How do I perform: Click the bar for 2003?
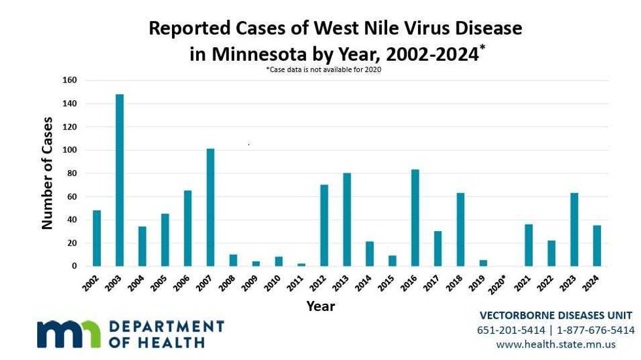coord(120,180)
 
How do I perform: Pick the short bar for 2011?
coord(301,264)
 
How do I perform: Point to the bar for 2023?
coord(574,230)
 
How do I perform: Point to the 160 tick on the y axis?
coord(69,81)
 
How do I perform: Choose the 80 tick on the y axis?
coord(71,173)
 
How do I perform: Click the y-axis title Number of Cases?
coord(47,173)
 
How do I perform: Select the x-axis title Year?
coord(320,306)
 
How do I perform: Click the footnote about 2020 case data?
coord(323,69)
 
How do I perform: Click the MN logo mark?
coord(69,333)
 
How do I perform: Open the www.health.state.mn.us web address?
coord(556,344)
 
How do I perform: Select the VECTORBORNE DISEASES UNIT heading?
coord(556,315)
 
